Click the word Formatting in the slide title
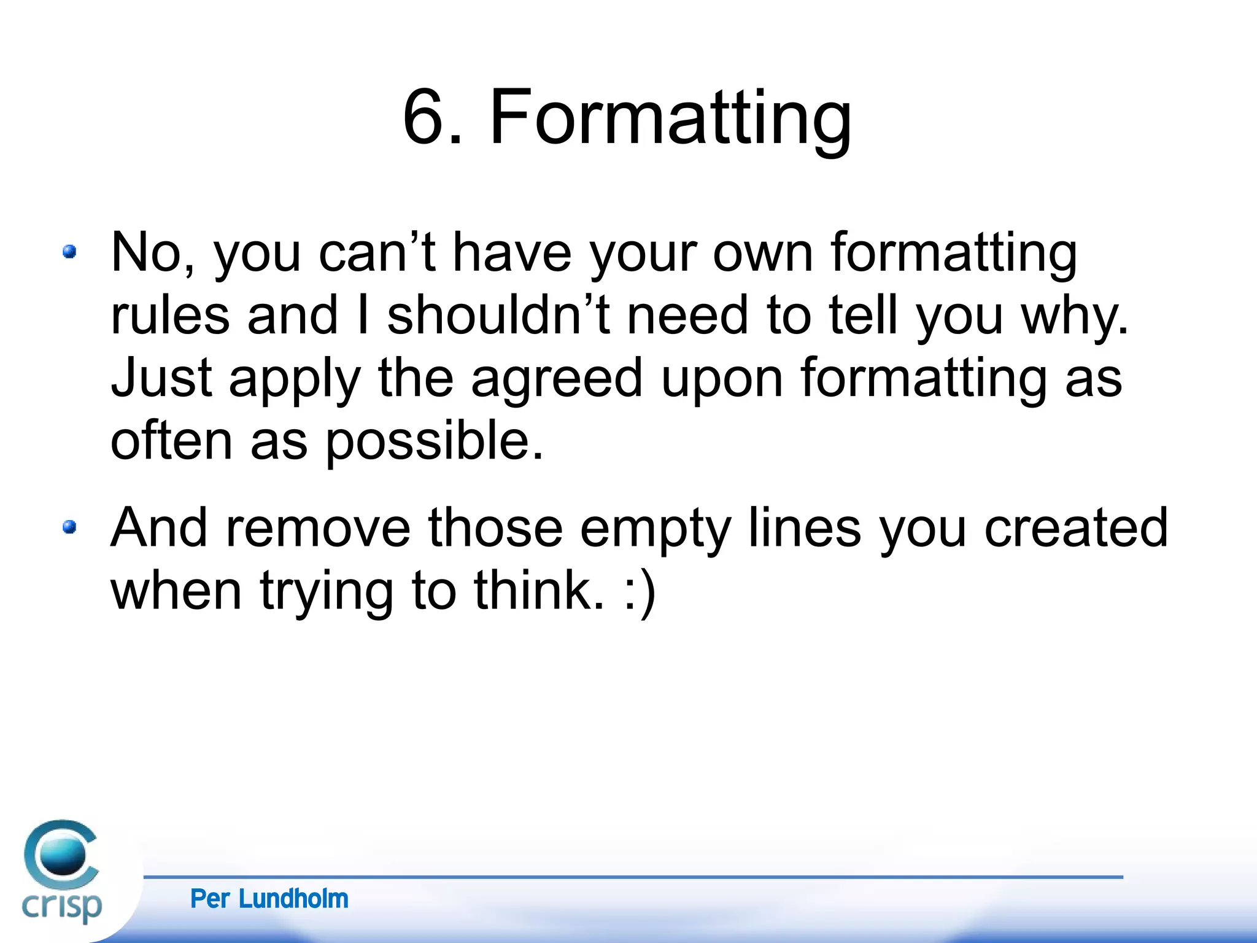(670, 120)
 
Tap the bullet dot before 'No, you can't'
(69, 252)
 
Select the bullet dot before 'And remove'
(69, 527)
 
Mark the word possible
(434, 442)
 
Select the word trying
(327, 592)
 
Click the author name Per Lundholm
(269, 899)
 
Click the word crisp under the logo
(61, 906)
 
